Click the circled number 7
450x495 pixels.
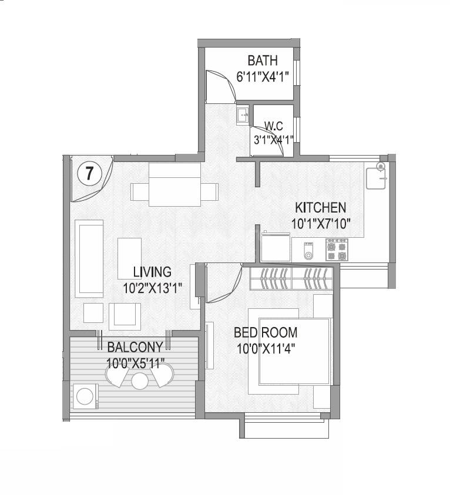[89, 173]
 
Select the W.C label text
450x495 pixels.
[274, 126]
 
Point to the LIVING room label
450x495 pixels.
[152, 272]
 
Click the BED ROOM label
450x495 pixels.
[266, 332]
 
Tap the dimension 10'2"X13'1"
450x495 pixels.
[152, 288]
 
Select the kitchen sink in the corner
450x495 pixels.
[376, 176]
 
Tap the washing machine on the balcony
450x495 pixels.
[86, 395]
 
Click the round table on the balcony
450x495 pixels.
[139, 381]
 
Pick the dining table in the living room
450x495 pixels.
[174, 185]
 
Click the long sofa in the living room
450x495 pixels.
[89, 257]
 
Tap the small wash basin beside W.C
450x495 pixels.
[243, 115]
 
